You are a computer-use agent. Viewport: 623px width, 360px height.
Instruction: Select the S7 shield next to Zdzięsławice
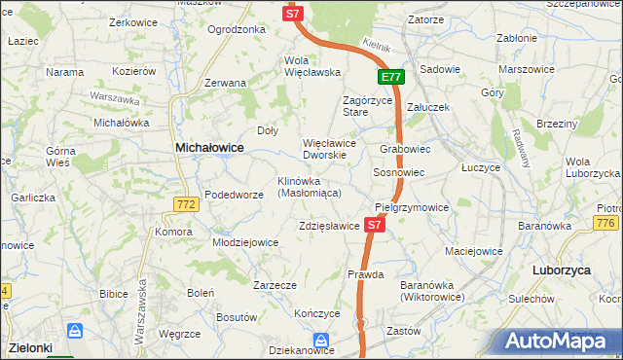click(376, 225)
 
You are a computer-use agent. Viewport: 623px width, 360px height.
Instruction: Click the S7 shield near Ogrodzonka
click(294, 13)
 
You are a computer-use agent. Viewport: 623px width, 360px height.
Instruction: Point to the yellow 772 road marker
click(188, 204)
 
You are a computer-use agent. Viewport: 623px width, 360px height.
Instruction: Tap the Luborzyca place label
click(563, 270)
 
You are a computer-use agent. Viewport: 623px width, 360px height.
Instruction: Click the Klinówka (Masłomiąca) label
click(308, 187)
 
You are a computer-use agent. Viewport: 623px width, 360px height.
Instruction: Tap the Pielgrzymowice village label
click(412, 207)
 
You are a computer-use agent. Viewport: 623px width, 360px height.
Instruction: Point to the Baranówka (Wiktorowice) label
click(431, 290)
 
